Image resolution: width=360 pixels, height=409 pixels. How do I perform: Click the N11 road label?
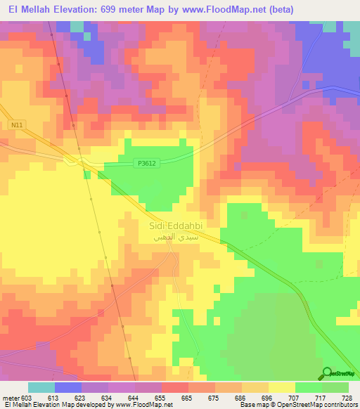(x=16, y=125)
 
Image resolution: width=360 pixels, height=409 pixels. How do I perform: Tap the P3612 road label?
(x=146, y=164)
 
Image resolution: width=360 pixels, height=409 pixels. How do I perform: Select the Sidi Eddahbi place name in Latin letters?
(x=175, y=226)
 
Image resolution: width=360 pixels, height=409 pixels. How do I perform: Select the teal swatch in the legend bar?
(x=41, y=387)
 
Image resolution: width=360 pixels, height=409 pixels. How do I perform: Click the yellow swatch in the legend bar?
(x=281, y=387)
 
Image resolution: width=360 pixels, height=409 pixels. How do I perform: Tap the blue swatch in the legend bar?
(x=67, y=387)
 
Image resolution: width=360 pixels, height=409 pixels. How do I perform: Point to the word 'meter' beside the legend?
(x=10, y=398)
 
